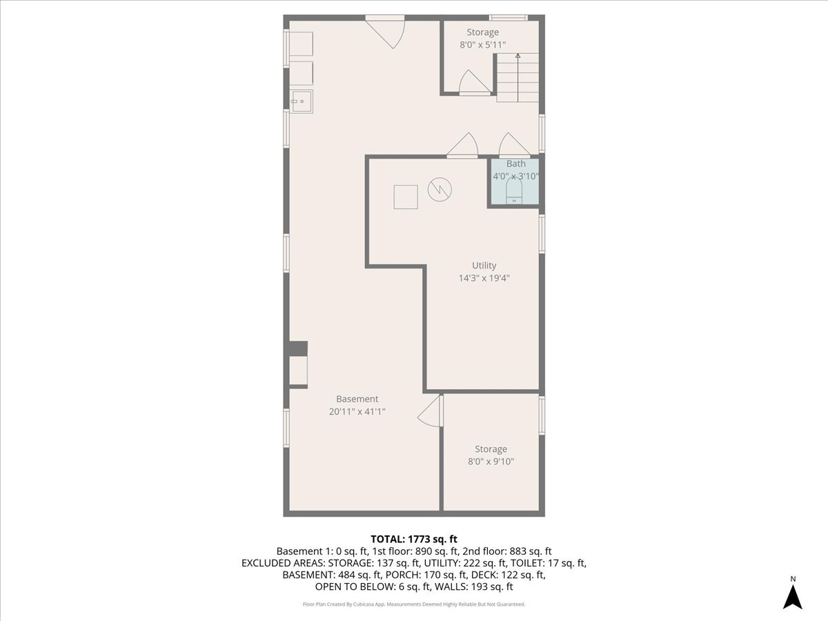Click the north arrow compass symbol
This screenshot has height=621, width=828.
pos(793,595)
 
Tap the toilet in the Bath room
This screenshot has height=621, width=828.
pos(515,191)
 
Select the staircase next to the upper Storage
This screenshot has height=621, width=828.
pos(517,78)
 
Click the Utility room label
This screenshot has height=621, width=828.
pos(484,266)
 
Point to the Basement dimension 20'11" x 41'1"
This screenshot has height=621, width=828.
pos(357,412)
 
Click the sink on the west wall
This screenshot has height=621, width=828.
pos(301,101)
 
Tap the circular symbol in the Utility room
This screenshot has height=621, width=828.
pos(439,189)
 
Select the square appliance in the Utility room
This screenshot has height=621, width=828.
pos(405,197)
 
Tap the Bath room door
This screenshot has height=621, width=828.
pos(515,145)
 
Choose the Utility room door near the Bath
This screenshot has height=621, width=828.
pos(463,145)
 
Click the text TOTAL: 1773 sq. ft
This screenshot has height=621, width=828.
pos(414,539)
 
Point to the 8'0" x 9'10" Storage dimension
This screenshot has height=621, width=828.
pos(491,462)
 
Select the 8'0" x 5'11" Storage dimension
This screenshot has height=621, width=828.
pos(483,45)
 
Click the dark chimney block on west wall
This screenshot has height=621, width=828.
pos(298,348)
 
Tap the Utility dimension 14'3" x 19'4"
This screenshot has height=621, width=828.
pos(484,278)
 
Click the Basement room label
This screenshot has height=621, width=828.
pos(357,399)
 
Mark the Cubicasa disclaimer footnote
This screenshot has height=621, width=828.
pos(414,604)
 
